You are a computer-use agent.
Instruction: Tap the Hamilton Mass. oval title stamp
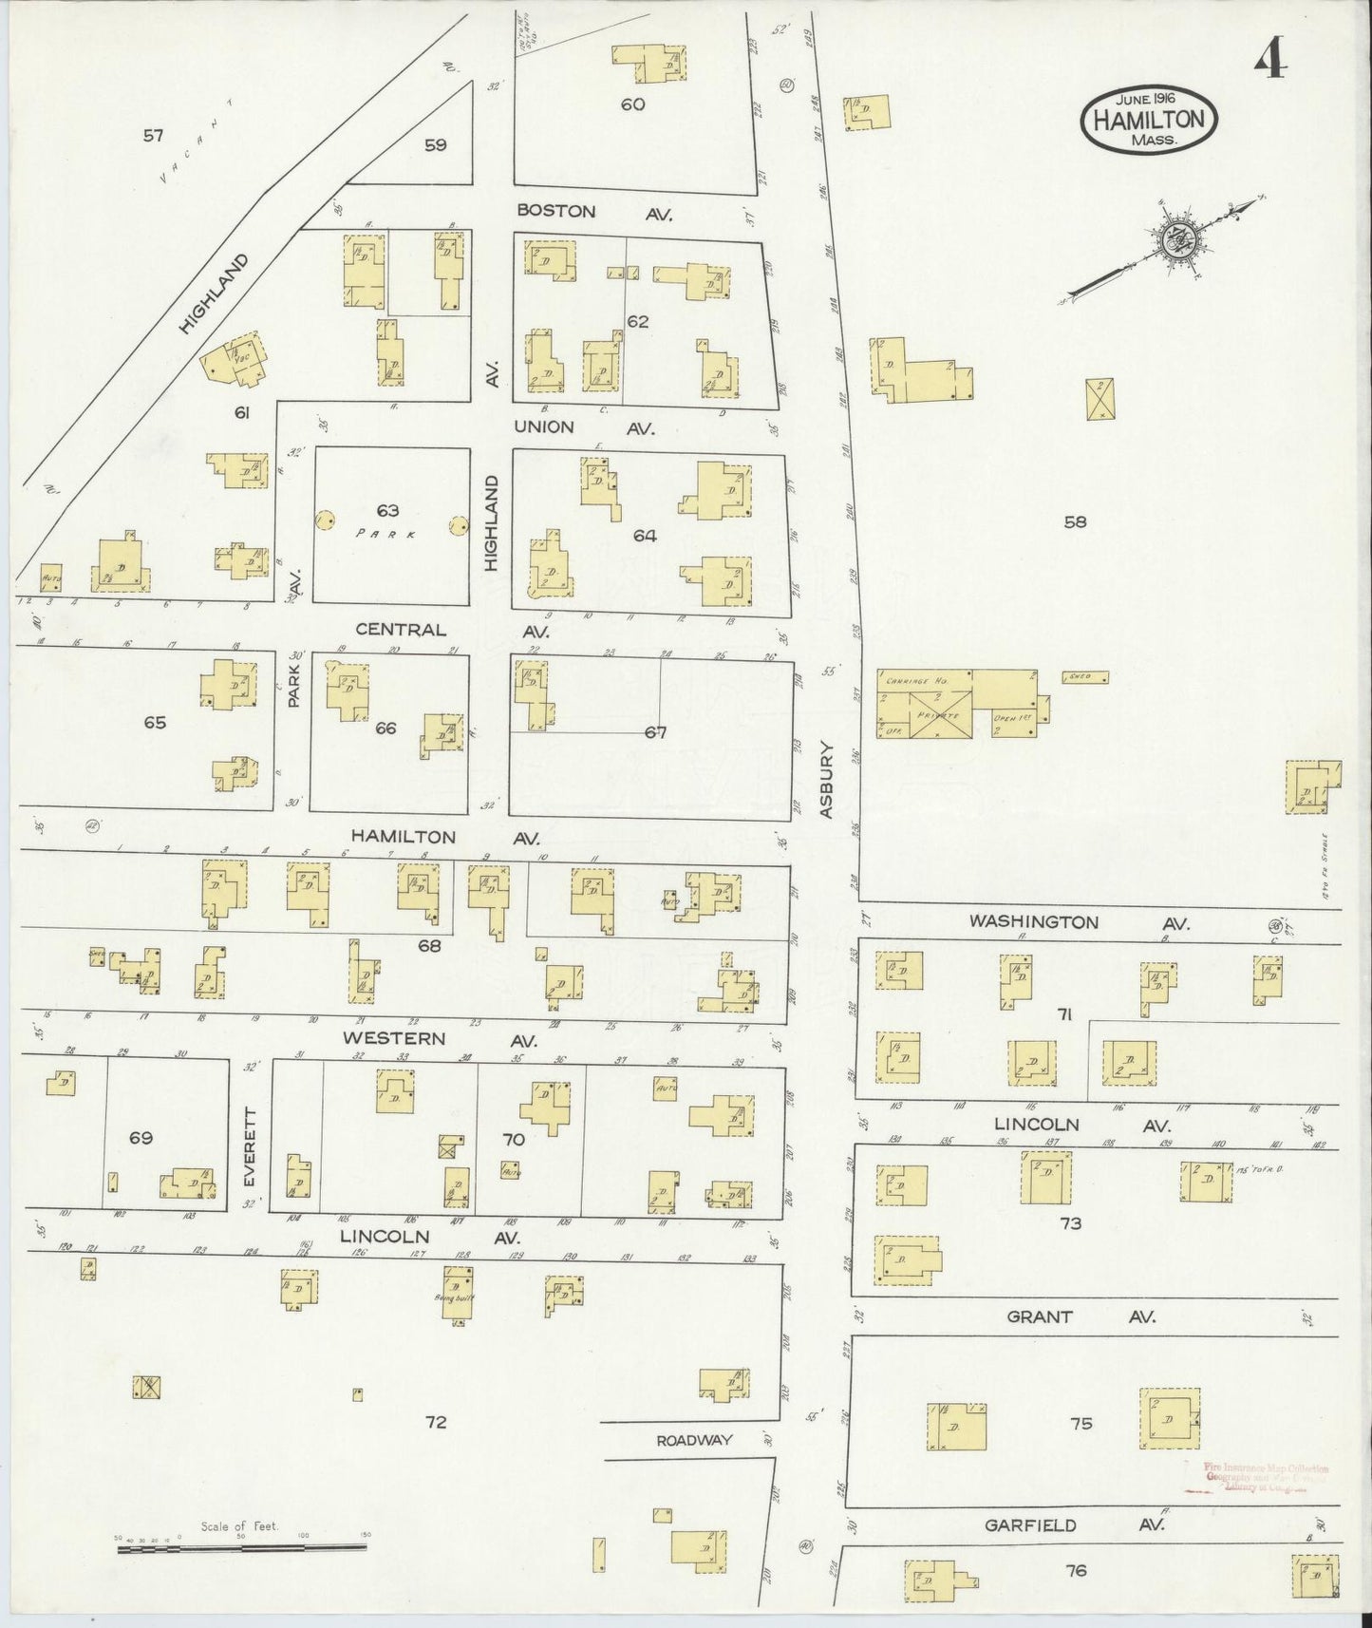[1149, 118]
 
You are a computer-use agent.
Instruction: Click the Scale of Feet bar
[242, 1548]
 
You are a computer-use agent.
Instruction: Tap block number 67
[655, 732]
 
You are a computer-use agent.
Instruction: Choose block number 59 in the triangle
[435, 145]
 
